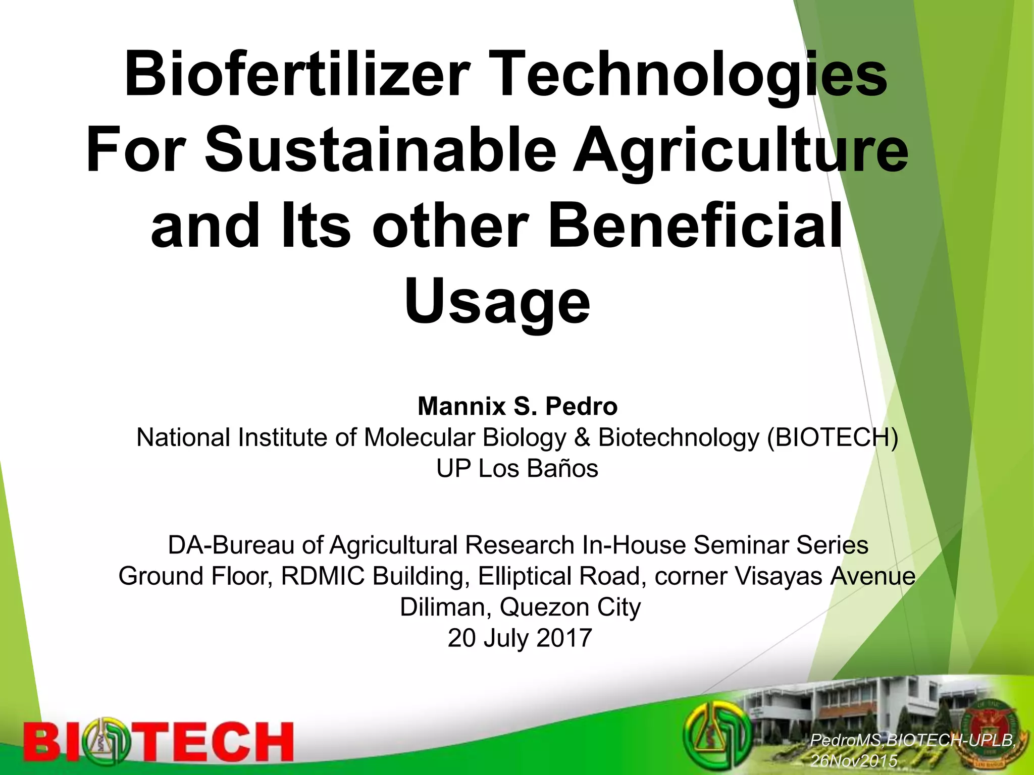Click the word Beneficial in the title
tap(695, 226)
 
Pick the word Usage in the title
tap(497, 301)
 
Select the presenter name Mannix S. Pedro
tap(518, 406)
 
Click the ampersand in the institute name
tap(583, 437)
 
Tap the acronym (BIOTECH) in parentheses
tap(833, 437)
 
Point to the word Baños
tap(562, 469)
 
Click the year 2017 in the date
tap(564, 638)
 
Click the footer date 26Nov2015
tap(854, 760)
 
